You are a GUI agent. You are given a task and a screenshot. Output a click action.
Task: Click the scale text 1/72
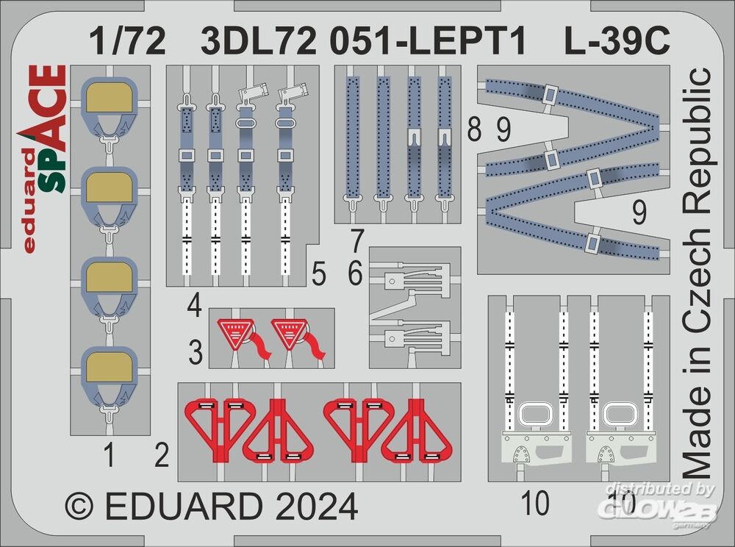point(127,41)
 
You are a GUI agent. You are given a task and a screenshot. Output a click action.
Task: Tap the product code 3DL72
point(259,41)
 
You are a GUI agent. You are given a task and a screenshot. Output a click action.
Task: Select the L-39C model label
point(617,41)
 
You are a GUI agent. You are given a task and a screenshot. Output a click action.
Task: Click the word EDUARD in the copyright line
point(183,507)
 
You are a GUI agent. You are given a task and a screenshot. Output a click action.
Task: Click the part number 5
point(318,273)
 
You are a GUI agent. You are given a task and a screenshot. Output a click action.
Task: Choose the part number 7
point(357,240)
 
